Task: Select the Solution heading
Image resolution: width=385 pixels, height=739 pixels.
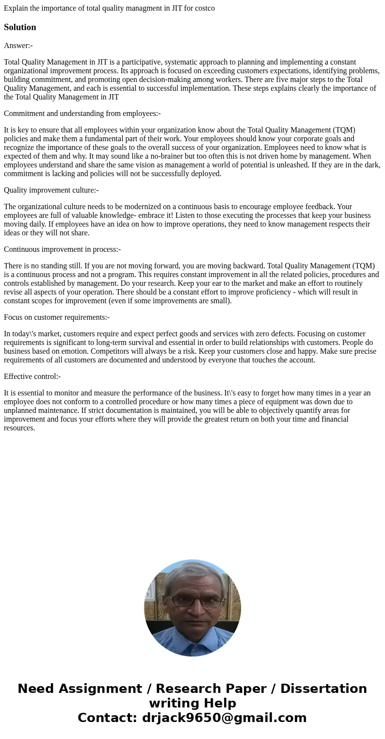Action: [20, 27]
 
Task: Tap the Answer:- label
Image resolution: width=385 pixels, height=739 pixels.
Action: [18, 46]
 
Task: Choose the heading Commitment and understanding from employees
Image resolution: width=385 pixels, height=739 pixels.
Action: [82, 114]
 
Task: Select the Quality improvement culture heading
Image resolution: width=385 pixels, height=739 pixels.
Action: [51, 190]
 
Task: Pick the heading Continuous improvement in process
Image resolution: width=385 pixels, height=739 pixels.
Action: [62, 249]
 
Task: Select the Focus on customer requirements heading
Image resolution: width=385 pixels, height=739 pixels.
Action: [56, 317]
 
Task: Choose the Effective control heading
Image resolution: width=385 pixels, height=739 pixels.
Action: [32, 377]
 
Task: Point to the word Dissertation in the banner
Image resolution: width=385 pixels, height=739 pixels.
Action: [323, 689]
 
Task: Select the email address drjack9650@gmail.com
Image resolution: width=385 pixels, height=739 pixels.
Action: [224, 718]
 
